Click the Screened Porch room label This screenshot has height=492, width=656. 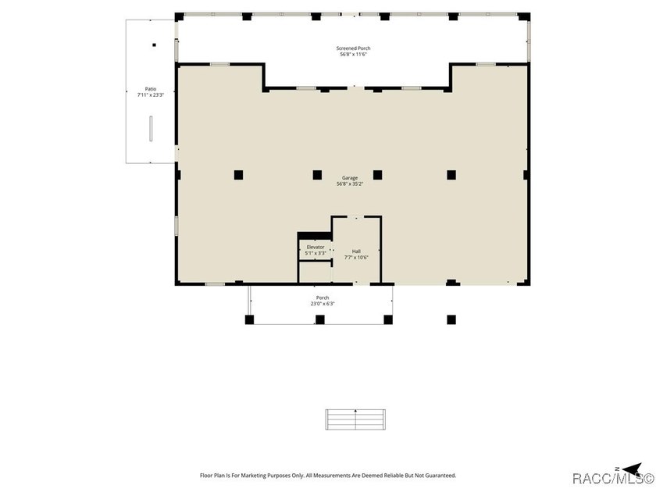pos(353,48)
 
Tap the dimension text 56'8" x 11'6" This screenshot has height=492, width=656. pos(353,55)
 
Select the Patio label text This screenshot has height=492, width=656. pos(150,89)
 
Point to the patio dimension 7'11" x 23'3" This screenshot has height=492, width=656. pos(150,95)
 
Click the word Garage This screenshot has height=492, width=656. pos(349,178)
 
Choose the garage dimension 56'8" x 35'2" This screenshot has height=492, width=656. pos(349,184)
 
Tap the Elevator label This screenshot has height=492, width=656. pos(315,247)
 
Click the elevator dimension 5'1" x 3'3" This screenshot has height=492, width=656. pos(315,253)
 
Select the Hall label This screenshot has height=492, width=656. pos(356,251)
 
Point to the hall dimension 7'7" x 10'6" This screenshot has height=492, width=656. pos(356,258)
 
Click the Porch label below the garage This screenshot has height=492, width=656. pos(322,298)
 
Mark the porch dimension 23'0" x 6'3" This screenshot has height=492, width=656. pos(322,304)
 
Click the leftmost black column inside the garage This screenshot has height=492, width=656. pos(239,175)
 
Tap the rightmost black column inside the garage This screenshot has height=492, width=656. pos(451,175)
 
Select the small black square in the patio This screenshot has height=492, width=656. pos(154,45)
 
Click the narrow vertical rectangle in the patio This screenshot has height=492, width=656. pos(150,128)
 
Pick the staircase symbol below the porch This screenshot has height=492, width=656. pos(355,419)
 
